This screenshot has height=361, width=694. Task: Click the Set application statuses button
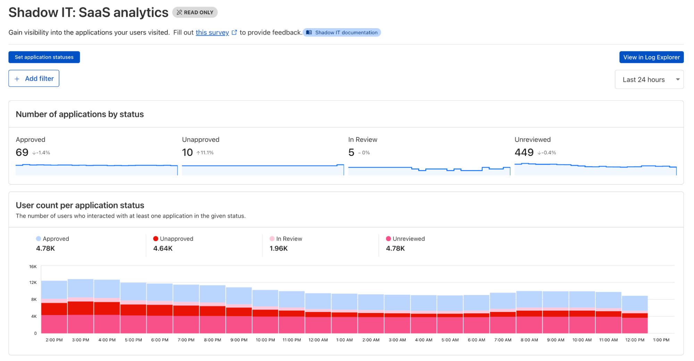pos(44,57)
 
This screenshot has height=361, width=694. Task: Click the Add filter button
pos(34,79)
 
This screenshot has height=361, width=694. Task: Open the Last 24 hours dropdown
pos(649,80)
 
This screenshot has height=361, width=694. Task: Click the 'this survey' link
pos(212,32)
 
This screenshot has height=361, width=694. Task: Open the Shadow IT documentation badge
pos(342,32)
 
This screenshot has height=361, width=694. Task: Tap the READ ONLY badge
pos(195,13)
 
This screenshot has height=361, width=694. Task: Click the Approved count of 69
pos(22,152)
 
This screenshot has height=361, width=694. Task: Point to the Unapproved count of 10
pos(187,152)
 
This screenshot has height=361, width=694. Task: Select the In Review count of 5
pos(351,152)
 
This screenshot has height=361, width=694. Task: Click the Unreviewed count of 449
pos(524,152)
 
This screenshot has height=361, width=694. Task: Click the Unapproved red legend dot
pos(156,238)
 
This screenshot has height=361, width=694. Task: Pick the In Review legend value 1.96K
pos(278,248)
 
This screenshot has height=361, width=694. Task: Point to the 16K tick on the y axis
pos(33,266)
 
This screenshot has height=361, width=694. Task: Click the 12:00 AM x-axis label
pos(318,340)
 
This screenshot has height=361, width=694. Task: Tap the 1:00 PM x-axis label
pos(661,340)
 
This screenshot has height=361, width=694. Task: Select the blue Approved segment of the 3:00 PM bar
pos(81,288)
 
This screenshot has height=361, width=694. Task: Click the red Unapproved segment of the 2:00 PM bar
pos(54,309)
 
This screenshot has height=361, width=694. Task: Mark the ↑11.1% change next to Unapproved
pos(205,153)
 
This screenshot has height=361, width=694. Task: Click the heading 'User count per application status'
pos(80,205)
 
